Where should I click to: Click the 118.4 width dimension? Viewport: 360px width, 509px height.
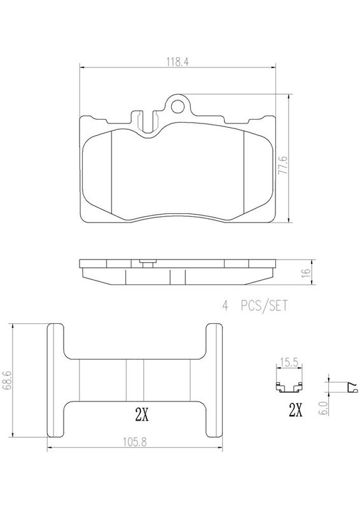point(177,62)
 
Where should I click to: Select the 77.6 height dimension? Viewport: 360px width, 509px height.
point(284,165)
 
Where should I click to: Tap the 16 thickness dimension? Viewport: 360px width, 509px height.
point(306,272)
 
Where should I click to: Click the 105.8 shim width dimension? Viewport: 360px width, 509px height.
point(135,442)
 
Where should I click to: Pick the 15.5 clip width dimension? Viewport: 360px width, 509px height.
point(289,362)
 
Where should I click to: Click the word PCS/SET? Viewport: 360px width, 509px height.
point(264,306)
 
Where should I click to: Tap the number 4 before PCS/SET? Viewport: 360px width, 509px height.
point(225,306)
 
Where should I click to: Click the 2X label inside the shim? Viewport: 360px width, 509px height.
point(142,415)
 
